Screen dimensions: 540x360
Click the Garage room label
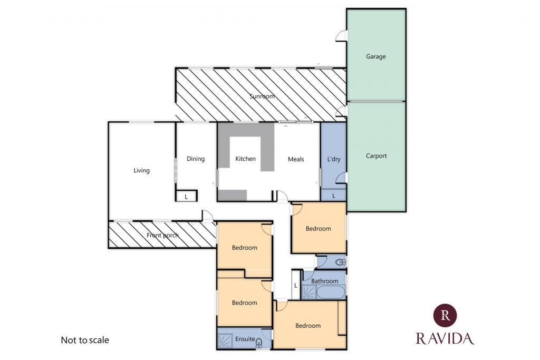(375, 56)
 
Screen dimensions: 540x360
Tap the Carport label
(376, 156)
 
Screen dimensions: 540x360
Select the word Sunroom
(262, 96)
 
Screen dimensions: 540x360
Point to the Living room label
(141, 170)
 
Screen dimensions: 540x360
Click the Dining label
(196, 159)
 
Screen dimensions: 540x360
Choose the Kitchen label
(246, 159)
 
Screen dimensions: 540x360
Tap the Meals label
(296, 159)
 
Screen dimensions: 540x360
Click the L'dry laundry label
(334, 159)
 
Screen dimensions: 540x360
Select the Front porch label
(162, 236)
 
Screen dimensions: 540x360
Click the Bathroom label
(324, 281)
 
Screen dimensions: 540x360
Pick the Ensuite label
(245, 339)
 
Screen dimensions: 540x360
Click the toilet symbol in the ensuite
(259, 343)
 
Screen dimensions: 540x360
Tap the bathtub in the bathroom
(331, 292)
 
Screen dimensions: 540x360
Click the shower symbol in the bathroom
(308, 292)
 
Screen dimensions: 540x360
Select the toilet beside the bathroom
(340, 262)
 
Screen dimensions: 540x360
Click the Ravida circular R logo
(445, 315)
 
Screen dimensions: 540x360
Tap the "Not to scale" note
(85, 340)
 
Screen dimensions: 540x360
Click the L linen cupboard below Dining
(186, 197)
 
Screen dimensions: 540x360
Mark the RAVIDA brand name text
(445, 339)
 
